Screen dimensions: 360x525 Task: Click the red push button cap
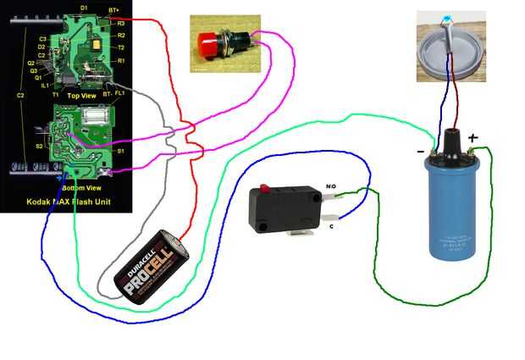click(206, 42)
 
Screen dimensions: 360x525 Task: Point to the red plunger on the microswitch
click(265, 187)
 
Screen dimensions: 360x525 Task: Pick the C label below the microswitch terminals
click(331, 225)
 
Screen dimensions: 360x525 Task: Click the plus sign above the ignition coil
click(472, 137)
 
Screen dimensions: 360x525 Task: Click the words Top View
click(82, 96)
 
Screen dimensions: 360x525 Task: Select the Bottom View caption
click(83, 186)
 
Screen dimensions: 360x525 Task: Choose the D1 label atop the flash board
click(83, 7)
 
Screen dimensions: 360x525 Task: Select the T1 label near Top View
click(56, 96)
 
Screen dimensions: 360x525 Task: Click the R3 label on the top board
click(121, 24)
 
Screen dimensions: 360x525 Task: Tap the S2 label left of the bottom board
click(40, 147)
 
